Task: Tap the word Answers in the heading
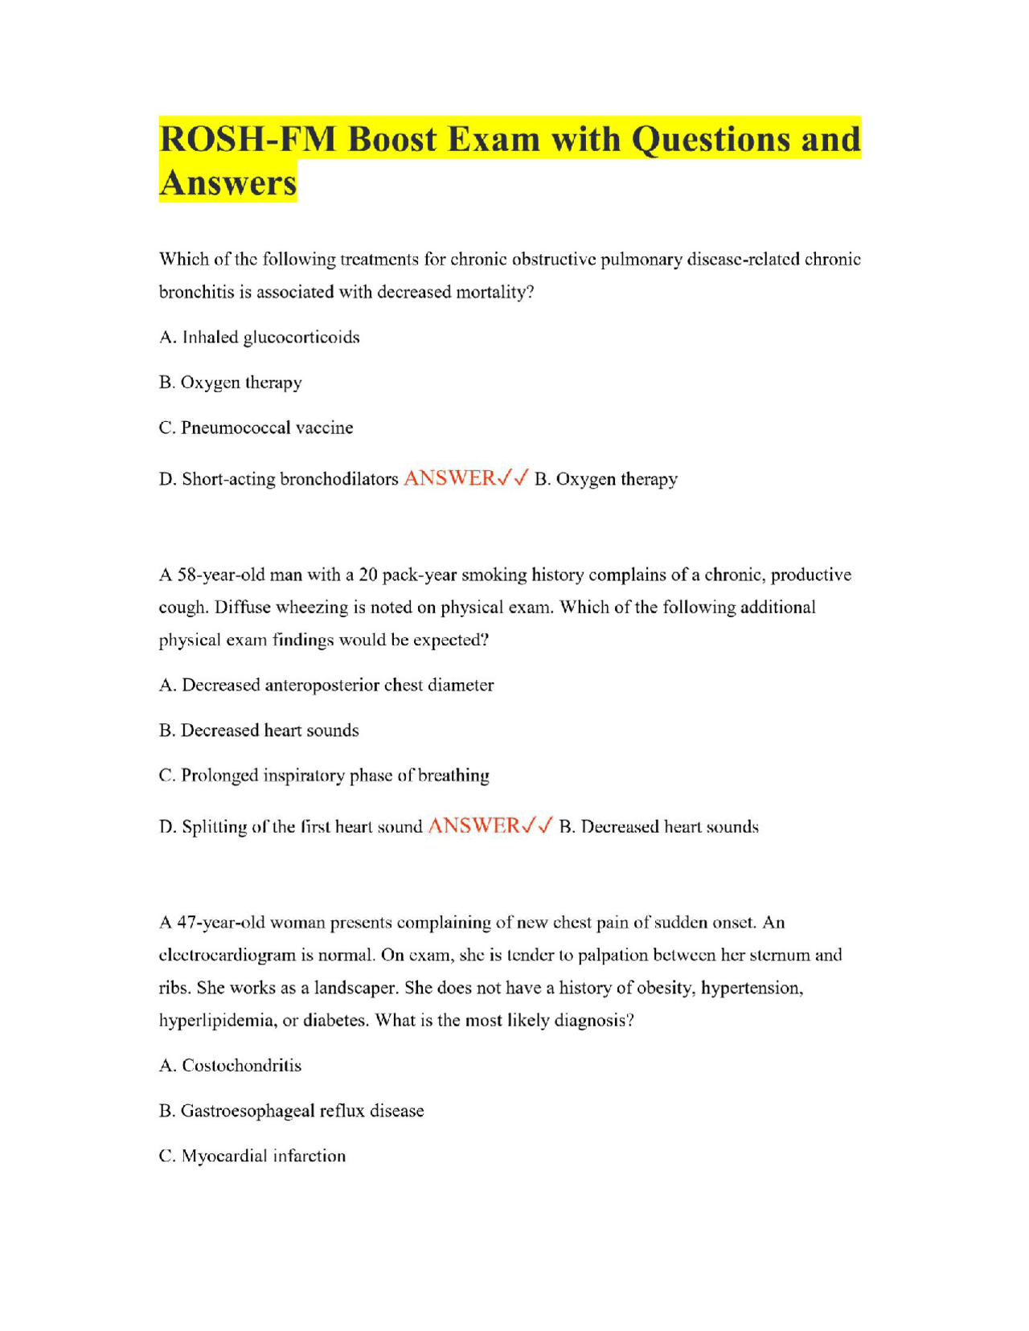[228, 182]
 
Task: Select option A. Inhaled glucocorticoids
[259, 338]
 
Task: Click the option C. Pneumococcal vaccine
[256, 428]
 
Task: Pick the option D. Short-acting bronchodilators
[278, 479]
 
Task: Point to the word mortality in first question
[490, 293]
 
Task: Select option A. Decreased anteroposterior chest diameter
[326, 686]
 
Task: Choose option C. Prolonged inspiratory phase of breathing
[324, 776]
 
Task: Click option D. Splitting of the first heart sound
[290, 827]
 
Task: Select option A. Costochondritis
[230, 1066]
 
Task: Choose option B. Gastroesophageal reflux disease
[291, 1111]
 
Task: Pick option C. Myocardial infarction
[252, 1156]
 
